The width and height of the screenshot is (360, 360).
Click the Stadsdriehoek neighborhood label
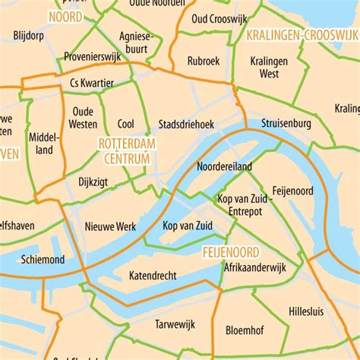click(x=186, y=123)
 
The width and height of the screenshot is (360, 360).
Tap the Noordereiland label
click(x=224, y=166)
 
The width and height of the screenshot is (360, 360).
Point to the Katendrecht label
click(x=153, y=274)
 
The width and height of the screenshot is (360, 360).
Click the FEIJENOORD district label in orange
click(x=230, y=251)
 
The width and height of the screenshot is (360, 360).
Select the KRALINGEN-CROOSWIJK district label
click(x=302, y=36)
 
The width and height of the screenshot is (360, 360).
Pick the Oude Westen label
click(x=82, y=117)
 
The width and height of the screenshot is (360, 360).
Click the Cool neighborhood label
click(x=126, y=123)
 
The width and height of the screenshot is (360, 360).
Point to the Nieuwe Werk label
click(x=110, y=226)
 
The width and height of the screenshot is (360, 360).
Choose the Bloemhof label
click(x=245, y=330)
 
